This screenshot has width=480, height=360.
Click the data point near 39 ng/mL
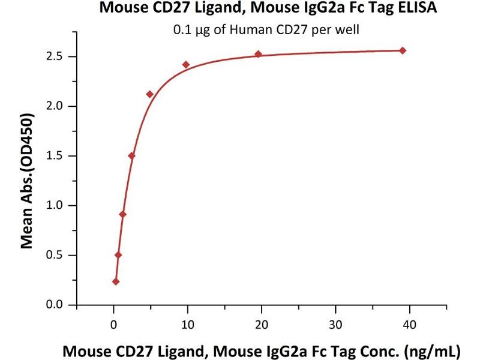pyautogui.click(x=403, y=50)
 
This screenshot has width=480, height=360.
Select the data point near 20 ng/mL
pyautogui.click(x=258, y=54)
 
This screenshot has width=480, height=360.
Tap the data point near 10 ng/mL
pyautogui.click(x=186, y=64)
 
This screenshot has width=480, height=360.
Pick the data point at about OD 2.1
pyautogui.click(x=149, y=94)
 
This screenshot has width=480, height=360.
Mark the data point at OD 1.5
pyautogui.click(x=131, y=156)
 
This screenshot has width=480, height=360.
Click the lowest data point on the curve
pyautogui.click(x=116, y=281)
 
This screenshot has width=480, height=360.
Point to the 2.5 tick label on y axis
pyautogui.click(x=59, y=57)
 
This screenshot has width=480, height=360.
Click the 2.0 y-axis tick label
pyautogui.click(x=59, y=106)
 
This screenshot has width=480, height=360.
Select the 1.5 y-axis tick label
pyautogui.click(x=59, y=156)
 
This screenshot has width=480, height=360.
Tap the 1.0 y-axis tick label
pyautogui.click(x=59, y=206)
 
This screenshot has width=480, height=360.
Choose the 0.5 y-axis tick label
pyautogui.click(x=59, y=256)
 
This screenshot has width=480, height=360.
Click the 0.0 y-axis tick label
pyautogui.click(x=59, y=305)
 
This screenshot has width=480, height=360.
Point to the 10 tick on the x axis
pyautogui.click(x=188, y=325)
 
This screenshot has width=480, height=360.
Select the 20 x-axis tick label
pyautogui.click(x=262, y=325)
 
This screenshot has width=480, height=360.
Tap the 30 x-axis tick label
pyautogui.click(x=335, y=325)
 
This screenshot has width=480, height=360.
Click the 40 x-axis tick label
pyautogui.click(x=409, y=325)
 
